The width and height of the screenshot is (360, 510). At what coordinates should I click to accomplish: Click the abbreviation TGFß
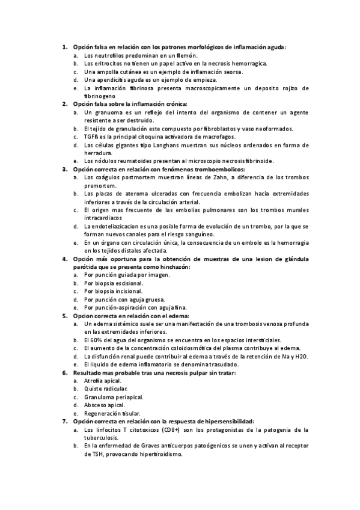92,137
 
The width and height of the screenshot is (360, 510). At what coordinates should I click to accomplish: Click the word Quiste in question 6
93,389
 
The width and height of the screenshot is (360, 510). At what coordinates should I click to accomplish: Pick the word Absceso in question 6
97,405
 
